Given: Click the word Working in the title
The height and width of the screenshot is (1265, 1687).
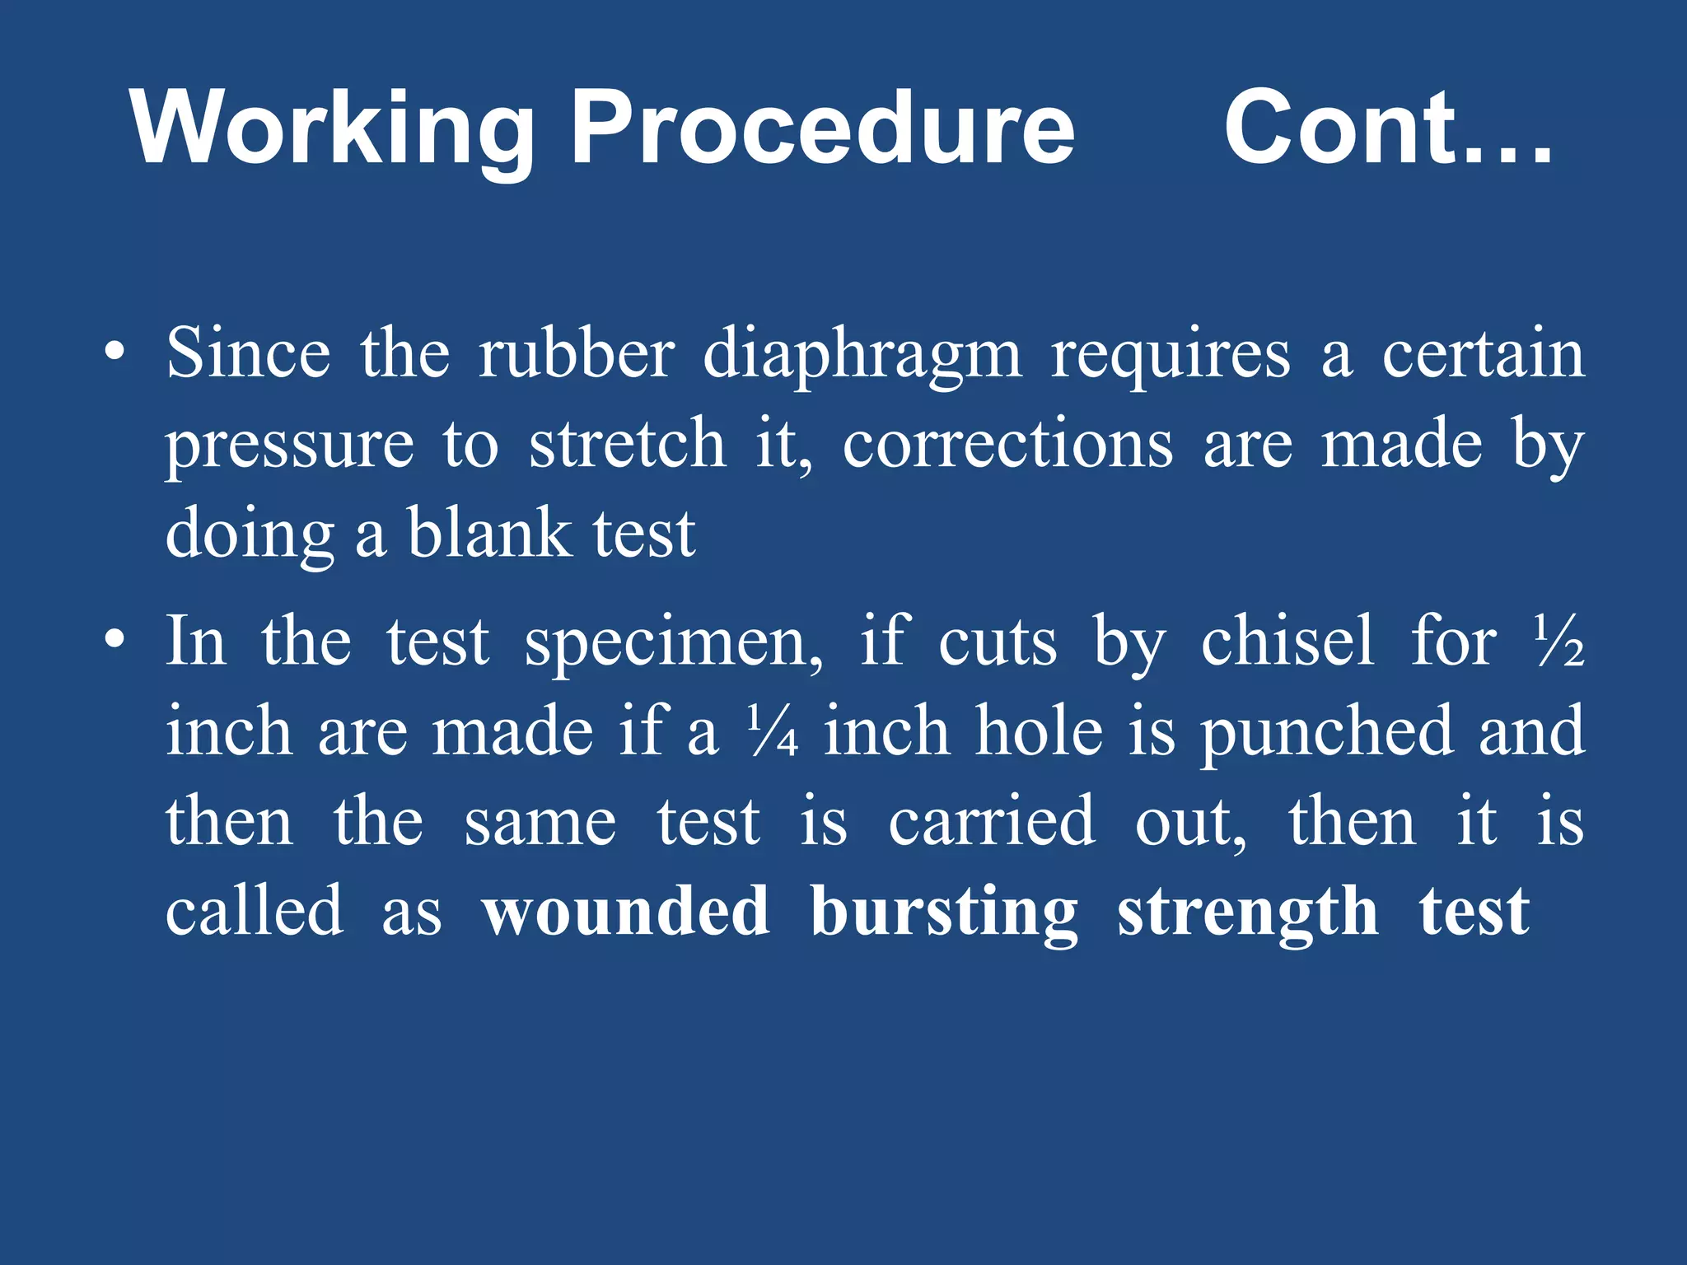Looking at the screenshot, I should coord(333,130).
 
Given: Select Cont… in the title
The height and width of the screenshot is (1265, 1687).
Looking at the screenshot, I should coord(1389,128).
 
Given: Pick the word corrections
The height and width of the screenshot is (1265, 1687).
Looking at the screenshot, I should coord(1007,445).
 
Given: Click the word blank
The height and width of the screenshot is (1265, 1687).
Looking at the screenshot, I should coord(489,534).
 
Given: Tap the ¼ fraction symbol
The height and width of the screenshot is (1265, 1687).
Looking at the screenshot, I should coord(773,731).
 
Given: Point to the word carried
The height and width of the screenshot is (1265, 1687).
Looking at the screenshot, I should coord(992,821).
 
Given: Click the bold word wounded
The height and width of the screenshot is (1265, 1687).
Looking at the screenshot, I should coord(626,912).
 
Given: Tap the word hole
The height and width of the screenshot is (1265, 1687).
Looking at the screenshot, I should coord(1039,731).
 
